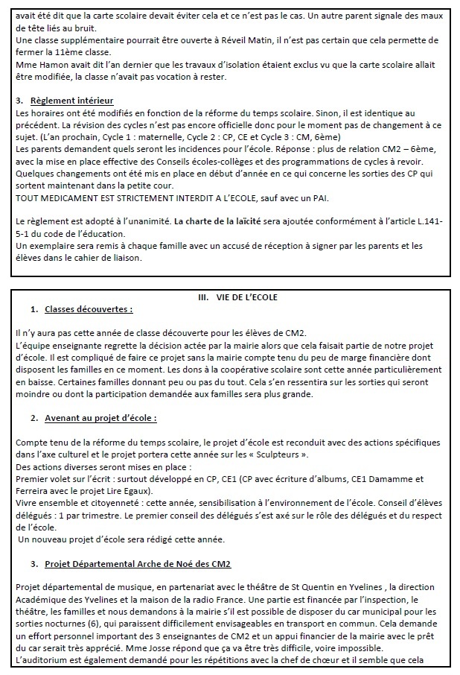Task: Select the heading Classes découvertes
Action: [89, 308]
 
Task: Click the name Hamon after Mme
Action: [50, 64]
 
